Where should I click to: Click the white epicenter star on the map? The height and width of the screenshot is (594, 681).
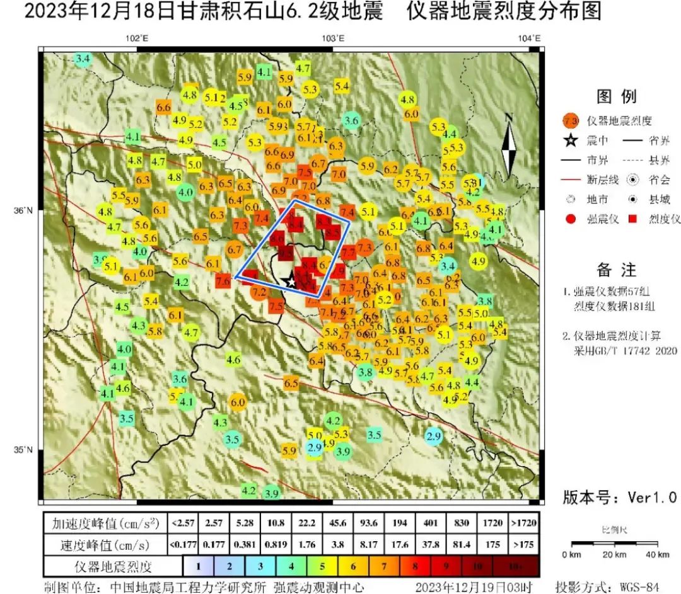291,281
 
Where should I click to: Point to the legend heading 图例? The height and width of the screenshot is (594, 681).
616,97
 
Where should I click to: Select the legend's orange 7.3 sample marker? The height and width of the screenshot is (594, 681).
571,120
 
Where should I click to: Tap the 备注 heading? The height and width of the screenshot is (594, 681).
617,270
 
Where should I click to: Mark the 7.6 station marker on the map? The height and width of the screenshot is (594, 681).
223,282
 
